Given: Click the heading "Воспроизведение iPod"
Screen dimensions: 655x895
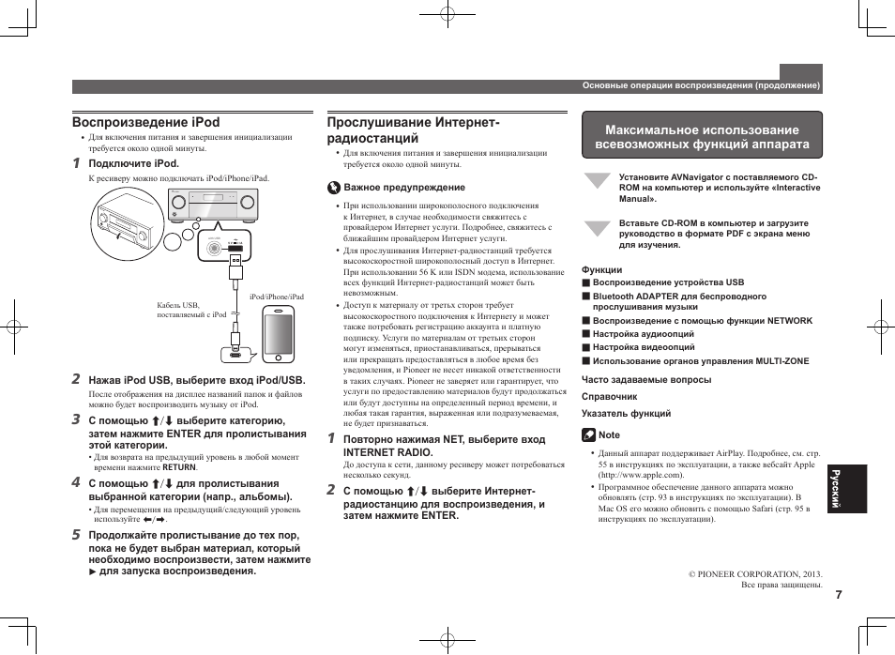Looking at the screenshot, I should coord(146,122).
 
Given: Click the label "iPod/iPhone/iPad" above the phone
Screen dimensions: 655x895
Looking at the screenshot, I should coord(276,297).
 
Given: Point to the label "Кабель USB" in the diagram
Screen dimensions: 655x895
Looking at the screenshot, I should coord(178,305).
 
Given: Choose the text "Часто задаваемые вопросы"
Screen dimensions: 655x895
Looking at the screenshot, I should coord(645,380).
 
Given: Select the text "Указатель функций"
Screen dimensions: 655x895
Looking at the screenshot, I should coord(626,413).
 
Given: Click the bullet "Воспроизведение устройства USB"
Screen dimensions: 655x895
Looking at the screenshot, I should coord(667,282).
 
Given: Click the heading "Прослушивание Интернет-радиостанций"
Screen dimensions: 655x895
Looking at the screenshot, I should coord(413,129).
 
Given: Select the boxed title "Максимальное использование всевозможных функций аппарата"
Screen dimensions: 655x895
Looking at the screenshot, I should coord(702,137).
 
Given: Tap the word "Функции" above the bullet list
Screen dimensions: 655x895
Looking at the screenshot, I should coord(601,269).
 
